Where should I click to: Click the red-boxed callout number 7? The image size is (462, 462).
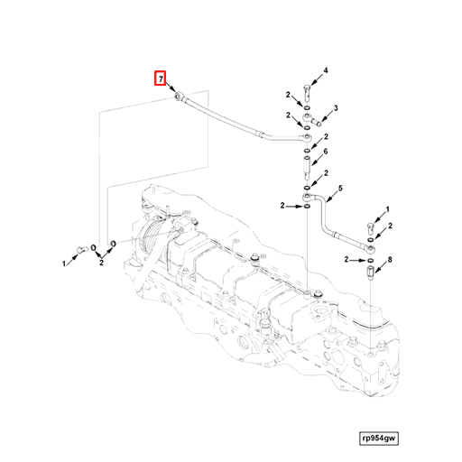(160, 79)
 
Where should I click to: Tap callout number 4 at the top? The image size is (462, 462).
(325, 71)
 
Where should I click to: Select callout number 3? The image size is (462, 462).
(335, 108)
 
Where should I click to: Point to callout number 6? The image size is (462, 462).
(325, 152)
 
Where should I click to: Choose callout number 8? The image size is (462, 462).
(390, 260)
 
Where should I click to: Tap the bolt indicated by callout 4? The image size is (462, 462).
(308, 90)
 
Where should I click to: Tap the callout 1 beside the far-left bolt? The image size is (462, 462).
(64, 263)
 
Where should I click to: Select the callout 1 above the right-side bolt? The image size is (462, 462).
(388, 210)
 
